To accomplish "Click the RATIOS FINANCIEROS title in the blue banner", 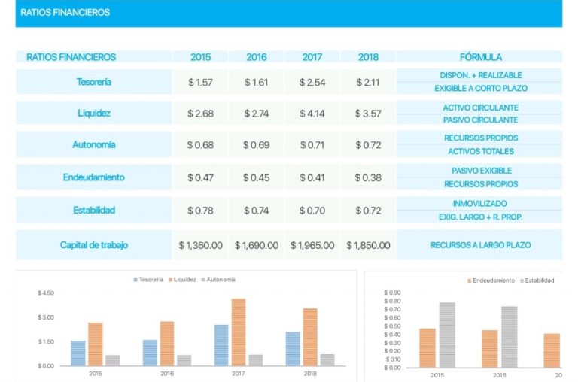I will point(65,13).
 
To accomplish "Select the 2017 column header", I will point(312,57).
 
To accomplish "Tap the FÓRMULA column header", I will point(480,57).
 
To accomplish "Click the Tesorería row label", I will point(94,82).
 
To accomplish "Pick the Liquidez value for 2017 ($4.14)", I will point(312,114).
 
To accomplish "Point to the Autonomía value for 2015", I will point(200,144).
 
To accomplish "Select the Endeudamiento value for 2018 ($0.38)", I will point(368,177).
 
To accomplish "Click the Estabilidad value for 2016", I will point(257,211).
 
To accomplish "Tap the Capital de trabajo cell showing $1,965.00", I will point(312,245).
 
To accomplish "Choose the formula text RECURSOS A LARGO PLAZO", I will point(480,245).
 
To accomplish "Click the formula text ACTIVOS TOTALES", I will point(480,151).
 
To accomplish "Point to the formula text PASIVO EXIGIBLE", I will point(480,171).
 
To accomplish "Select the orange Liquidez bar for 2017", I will point(239,332).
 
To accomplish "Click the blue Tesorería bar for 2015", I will point(78,353).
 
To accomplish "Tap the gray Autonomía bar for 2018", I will point(327,359).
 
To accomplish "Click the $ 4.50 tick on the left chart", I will point(46,293).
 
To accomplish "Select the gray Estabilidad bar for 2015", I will point(447,335).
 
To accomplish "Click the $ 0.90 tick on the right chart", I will point(392,293).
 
